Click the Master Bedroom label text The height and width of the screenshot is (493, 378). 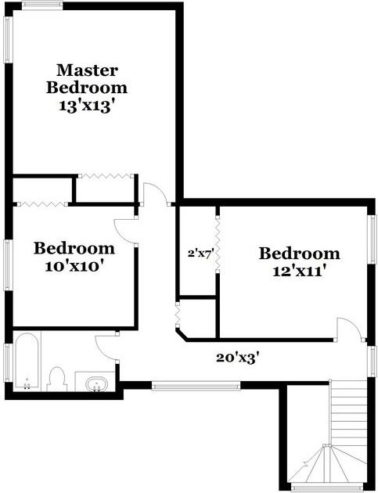86,77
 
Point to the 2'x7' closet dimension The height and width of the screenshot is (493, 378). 200,253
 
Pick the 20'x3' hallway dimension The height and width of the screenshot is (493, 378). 238,358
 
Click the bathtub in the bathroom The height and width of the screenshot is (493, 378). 27,361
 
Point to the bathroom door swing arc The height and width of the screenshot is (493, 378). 105,346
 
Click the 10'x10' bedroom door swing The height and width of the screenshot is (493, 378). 125,229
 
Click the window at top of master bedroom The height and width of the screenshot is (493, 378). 41,7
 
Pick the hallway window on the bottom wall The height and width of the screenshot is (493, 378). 196,384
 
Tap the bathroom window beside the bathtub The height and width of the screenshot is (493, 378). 7,365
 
